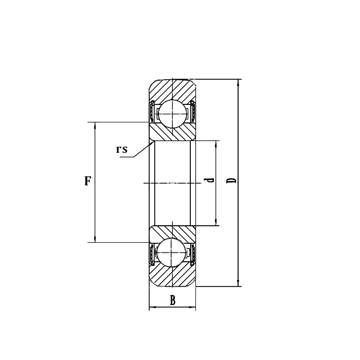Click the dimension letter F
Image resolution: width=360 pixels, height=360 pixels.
pos(88,181)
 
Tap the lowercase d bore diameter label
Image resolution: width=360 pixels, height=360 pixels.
pos(209,181)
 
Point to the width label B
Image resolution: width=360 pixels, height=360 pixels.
pos(173,301)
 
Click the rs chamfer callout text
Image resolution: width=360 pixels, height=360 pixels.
pos(121,149)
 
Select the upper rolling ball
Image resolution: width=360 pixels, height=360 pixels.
pos(172,112)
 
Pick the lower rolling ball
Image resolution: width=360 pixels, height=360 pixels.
pos(172,253)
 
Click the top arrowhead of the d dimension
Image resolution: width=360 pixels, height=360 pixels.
pos(215,143)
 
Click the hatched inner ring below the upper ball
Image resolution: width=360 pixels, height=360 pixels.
pos(172,132)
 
